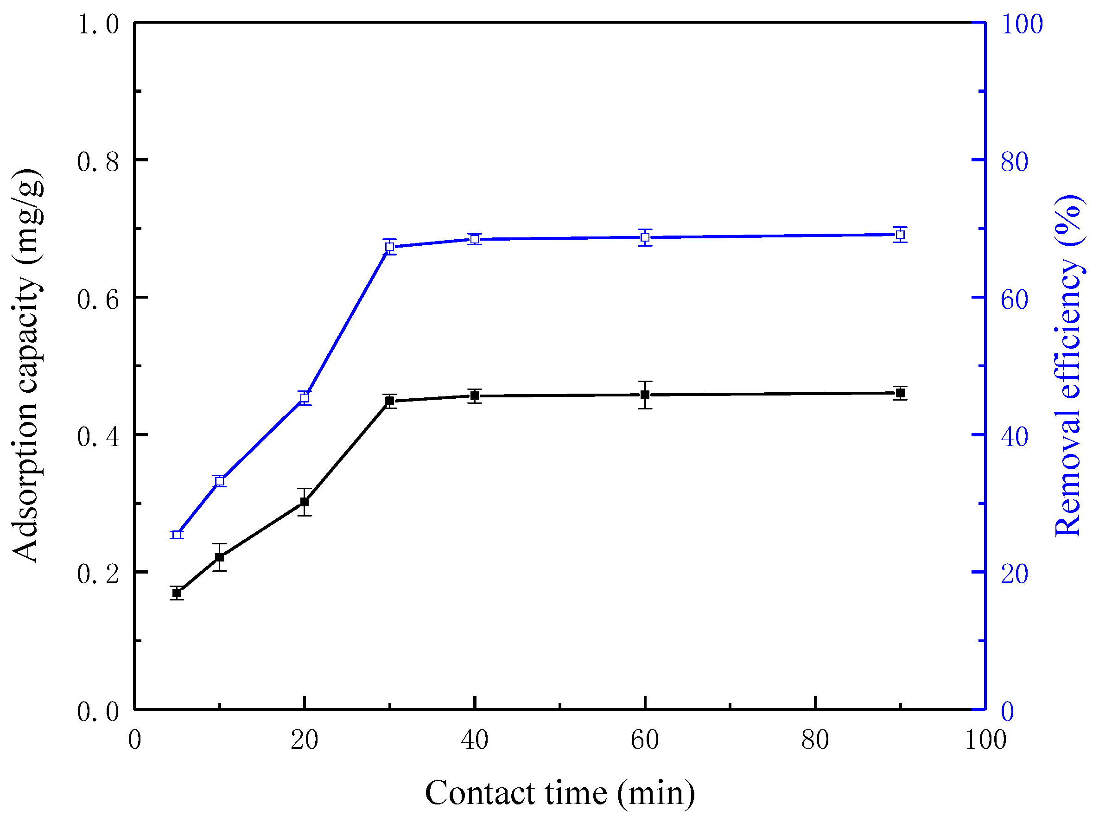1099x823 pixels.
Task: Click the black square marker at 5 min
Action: [x=177, y=593]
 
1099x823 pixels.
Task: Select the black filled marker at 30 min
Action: [x=390, y=401]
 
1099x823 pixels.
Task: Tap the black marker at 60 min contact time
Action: [x=645, y=395]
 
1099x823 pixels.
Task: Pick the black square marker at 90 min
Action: [x=900, y=393]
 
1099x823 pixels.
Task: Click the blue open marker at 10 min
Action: [x=220, y=481]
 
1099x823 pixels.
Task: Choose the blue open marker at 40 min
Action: [x=475, y=240]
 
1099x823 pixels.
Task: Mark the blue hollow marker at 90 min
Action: [x=900, y=235]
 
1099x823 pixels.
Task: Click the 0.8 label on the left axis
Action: [x=98, y=162]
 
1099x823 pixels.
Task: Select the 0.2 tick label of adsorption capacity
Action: [x=98, y=574]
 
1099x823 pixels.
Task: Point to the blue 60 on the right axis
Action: [x=1014, y=300]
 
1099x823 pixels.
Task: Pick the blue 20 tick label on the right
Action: [x=1014, y=574]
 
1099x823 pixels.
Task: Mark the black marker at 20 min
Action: [x=305, y=502]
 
